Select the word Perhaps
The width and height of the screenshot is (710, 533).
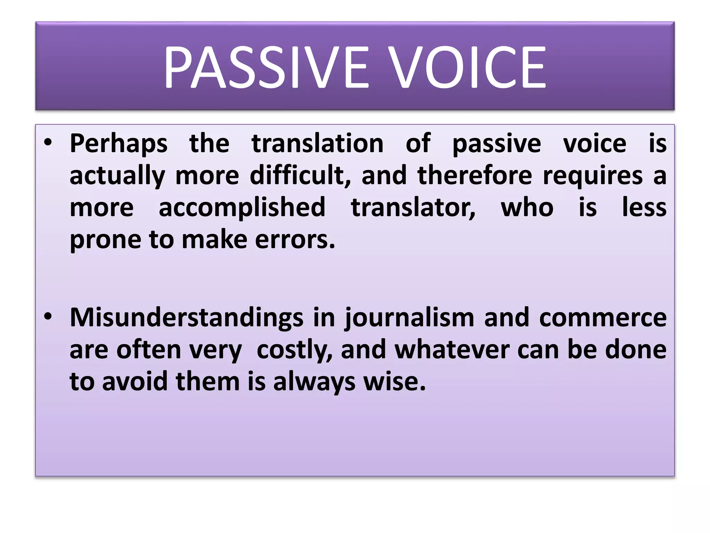pyautogui.click(x=119, y=144)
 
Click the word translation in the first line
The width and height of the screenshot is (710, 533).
pyautogui.click(x=318, y=143)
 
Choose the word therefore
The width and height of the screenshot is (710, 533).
pyautogui.click(x=475, y=175)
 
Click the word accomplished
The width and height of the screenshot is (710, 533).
pyautogui.click(x=242, y=208)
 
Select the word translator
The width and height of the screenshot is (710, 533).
pyautogui.click(x=413, y=208)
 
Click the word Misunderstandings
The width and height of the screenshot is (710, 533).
pyautogui.click(x=187, y=318)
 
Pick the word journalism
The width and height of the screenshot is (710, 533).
pyautogui.click(x=409, y=318)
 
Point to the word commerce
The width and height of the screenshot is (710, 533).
pyautogui.click(x=603, y=318)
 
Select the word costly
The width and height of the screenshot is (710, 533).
pyautogui.click(x=294, y=350)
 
